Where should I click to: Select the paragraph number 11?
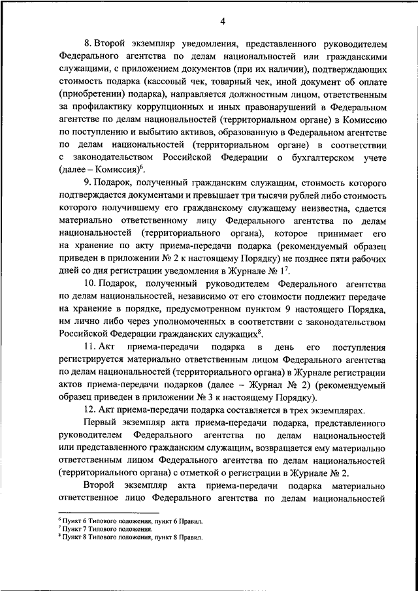click(x=89, y=346)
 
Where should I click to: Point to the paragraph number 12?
click(x=89, y=409)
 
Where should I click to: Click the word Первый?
click(x=98, y=422)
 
